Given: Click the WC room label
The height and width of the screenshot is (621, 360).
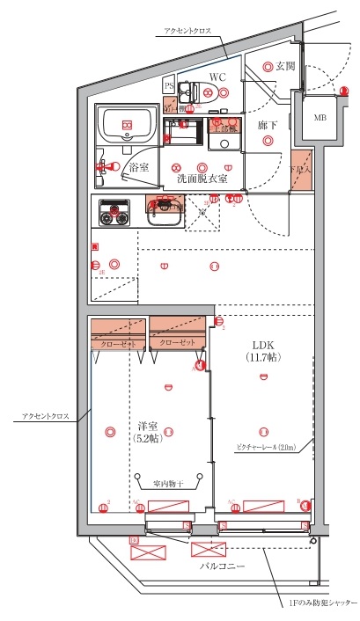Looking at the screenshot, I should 217,77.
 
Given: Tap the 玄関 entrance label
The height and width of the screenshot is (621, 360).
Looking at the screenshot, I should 285,66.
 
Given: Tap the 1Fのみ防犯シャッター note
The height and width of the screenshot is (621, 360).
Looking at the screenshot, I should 322,604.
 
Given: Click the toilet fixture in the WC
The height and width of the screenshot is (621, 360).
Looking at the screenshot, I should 195,90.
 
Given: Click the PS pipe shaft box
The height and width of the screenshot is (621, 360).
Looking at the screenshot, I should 169,85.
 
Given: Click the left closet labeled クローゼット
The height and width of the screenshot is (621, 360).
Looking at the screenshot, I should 117,344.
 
